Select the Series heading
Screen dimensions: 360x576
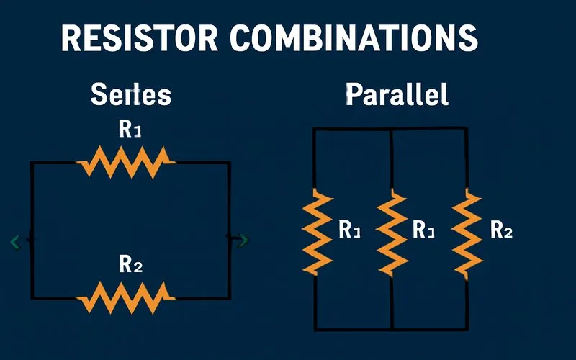130,95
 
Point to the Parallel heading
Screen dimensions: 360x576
397,94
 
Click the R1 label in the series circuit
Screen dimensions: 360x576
130,130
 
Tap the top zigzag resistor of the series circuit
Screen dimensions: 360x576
127,161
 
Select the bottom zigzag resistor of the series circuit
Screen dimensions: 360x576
127,296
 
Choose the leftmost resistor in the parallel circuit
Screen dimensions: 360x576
316,230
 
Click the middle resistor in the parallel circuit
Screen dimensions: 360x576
392,230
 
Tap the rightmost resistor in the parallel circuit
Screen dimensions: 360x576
467,230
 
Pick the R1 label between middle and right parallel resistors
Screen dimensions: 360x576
424,230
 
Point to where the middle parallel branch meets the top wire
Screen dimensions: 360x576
390,130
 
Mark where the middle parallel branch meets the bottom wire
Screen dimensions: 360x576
392,329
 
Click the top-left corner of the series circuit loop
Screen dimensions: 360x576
32,163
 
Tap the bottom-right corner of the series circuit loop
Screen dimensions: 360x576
229,297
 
